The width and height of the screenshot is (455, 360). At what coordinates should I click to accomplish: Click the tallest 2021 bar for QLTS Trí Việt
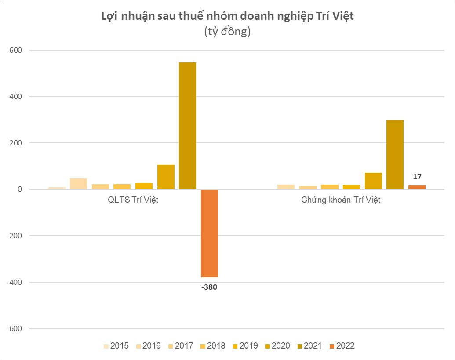click(x=187, y=126)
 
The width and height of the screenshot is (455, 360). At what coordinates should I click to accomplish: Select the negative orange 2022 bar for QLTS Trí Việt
click(x=209, y=233)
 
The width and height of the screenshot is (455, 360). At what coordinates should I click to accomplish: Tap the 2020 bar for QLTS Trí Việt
click(x=166, y=177)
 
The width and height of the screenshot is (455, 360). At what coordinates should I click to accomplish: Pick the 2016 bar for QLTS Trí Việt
click(x=78, y=184)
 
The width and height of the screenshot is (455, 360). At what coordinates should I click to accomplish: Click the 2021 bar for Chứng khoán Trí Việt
click(x=395, y=155)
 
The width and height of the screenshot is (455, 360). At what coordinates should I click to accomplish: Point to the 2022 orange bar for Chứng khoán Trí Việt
click(x=417, y=187)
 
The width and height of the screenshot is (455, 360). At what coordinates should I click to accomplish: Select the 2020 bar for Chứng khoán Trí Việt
click(x=373, y=181)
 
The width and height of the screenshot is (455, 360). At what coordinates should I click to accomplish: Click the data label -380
click(x=209, y=288)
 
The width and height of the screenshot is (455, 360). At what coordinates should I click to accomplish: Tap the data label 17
click(x=417, y=177)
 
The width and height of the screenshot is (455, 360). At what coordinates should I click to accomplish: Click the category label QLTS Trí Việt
click(x=133, y=200)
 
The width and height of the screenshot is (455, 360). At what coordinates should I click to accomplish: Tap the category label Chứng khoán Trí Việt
click(x=341, y=200)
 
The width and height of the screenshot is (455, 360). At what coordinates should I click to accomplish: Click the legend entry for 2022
click(x=341, y=346)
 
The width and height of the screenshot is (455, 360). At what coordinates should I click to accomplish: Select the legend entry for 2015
click(x=116, y=346)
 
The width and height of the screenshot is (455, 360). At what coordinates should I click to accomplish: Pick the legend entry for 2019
click(x=244, y=346)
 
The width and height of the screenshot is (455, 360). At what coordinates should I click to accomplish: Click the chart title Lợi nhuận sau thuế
click(x=227, y=17)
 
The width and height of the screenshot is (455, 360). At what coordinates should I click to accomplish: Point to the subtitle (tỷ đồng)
click(x=227, y=32)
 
